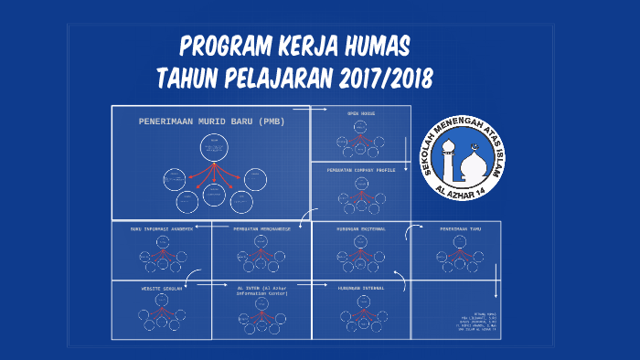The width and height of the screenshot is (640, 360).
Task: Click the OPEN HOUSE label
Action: coord(360,113)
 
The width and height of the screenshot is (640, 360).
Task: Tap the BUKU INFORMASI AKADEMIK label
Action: coord(161,228)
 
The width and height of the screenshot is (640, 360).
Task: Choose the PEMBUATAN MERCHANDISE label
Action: coord(261,228)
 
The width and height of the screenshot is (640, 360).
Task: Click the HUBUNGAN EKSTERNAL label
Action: coord(360,228)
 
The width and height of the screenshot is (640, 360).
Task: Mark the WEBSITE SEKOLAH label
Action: coord(161,288)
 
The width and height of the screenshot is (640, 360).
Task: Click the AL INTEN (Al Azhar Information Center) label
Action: coord(261,291)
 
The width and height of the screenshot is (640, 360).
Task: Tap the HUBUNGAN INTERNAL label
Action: coord(360,288)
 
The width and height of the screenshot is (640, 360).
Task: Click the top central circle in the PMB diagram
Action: coord(214,147)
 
